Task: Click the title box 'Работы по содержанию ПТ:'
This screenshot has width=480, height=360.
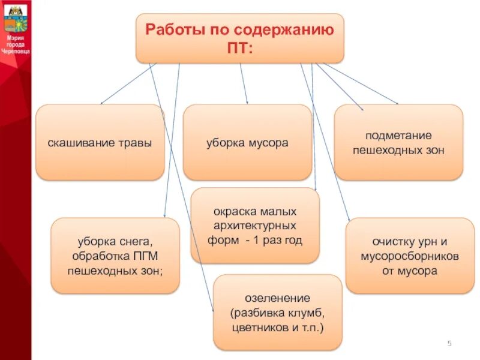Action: click(240, 38)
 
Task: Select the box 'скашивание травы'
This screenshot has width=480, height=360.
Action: click(100, 143)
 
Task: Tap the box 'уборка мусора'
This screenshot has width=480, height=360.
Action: click(247, 143)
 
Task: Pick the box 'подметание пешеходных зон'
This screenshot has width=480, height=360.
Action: click(398, 143)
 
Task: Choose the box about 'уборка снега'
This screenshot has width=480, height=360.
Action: click(115, 256)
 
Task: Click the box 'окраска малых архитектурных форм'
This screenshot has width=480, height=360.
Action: click(255, 226)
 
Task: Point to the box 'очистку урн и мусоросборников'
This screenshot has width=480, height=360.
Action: click(410, 256)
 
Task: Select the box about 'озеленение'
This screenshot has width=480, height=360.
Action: click(277, 313)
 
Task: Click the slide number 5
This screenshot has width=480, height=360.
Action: click(449, 343)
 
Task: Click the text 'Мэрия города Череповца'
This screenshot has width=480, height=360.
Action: click(16, 44)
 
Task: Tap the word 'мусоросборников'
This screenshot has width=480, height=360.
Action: click(410, 256)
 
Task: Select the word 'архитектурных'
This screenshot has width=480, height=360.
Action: click(255, 226)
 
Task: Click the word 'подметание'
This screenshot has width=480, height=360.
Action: click(398, 136)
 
